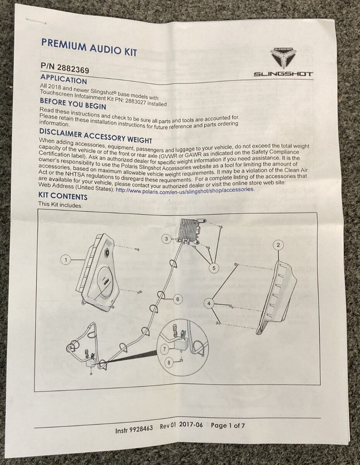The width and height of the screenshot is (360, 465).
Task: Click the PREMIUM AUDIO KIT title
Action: coord(89,47)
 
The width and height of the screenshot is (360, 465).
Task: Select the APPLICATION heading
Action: coord(63,80)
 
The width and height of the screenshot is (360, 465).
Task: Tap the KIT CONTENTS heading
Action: coord(63,196)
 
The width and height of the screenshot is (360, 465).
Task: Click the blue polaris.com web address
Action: coord(185,189)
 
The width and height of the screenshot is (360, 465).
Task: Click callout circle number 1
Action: coord(66,260)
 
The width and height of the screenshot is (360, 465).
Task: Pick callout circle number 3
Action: coord(166,239)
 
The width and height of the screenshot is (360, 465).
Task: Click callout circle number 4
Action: coord(209,303)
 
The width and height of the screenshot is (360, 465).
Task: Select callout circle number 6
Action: coord(177,299)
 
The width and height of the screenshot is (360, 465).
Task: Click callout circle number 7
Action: coord(165,348)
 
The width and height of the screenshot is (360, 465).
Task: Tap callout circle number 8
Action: coord(169,363)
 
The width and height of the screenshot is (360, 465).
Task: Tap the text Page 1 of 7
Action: coord(228,425)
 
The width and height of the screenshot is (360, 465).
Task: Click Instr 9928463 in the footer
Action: coord(134,429)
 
